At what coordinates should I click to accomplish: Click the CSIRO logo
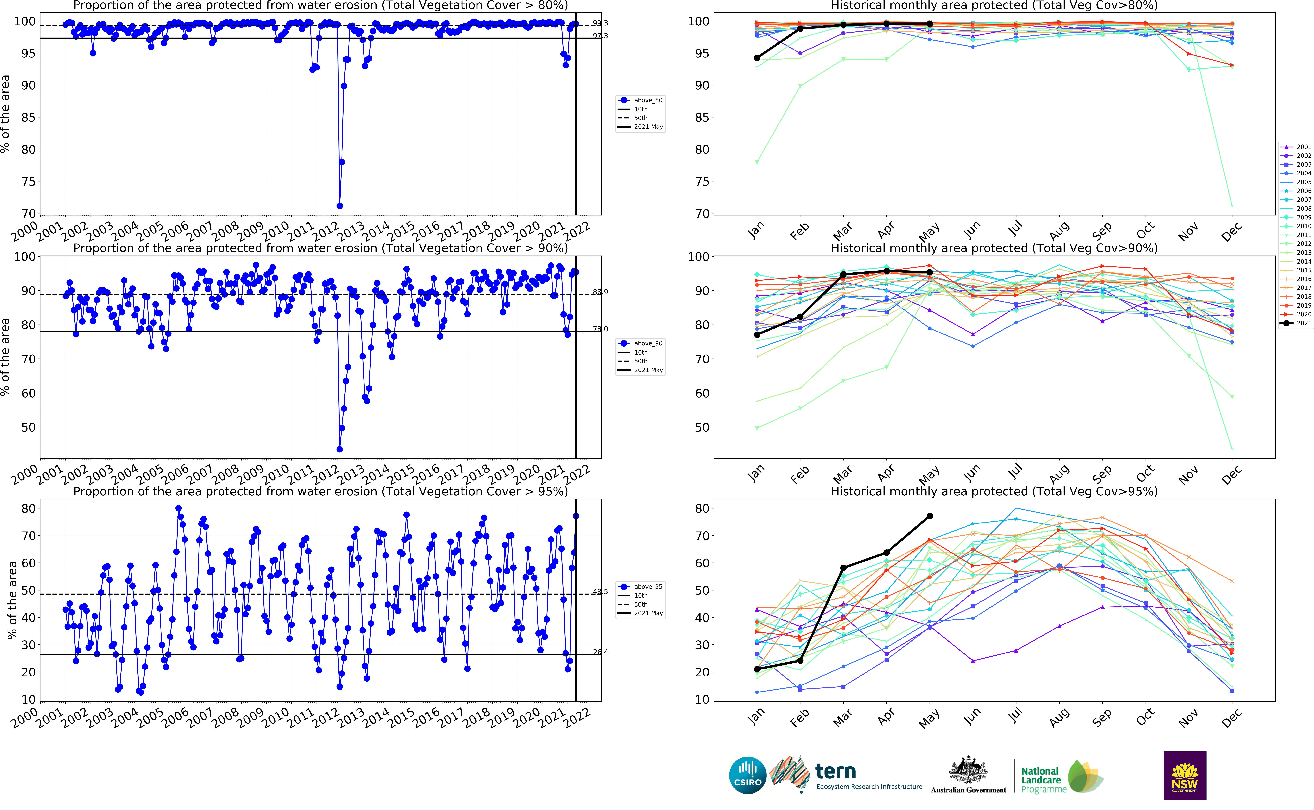tap(747, 775)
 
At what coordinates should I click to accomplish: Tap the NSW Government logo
tap(1184, 775)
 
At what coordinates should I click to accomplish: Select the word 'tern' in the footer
tap(835, 772)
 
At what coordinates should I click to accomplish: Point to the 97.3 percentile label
tap(600, 36)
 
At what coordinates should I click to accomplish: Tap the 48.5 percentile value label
tap(600, 592)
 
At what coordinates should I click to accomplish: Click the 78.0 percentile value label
tap(600, 329)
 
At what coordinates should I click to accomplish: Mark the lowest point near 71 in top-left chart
tap(340, 206)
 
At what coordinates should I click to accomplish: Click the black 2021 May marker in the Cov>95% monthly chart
tap(930, 516)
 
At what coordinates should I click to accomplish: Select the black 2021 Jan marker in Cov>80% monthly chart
tap(757, 58)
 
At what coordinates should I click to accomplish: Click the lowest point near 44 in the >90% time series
tap(340, 449)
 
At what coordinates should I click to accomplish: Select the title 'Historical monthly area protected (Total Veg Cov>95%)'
tap(994, 491)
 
